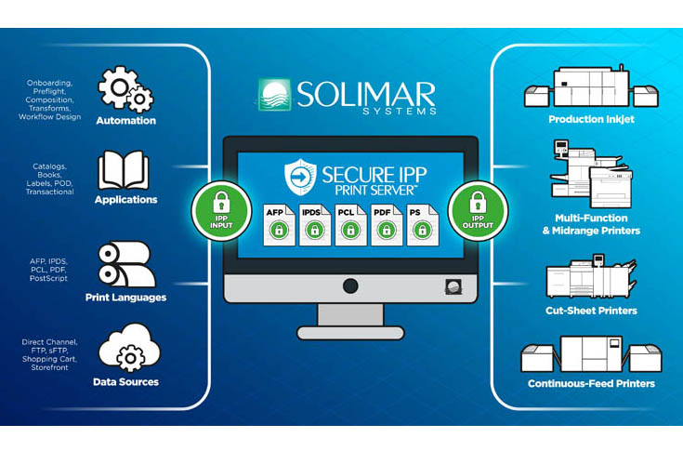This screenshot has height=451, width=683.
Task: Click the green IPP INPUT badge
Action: click(221, 211)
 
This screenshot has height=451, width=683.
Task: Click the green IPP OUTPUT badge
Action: click(478, 211)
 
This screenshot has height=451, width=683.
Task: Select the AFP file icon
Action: click(279, 225)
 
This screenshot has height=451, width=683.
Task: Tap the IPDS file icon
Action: click(315, 225)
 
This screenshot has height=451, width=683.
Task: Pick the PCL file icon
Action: click(350, 225)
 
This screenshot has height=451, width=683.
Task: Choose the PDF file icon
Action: click(387, 225)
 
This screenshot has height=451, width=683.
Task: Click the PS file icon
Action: click(422, 225)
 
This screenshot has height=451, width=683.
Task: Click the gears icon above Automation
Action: click(125, 89)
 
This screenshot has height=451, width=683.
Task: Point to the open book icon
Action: click(124, 170)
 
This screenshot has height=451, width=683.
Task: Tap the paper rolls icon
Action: click(126, 264)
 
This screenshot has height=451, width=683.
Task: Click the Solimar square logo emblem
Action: click(274, 95)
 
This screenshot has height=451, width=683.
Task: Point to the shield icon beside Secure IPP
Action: click(300, 177)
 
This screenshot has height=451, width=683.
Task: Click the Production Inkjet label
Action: click(591, 119)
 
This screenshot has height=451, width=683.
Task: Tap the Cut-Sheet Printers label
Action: click(591, 311)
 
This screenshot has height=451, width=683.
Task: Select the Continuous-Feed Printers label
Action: click(591, 383)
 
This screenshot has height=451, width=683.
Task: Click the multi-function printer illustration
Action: click(591, 174)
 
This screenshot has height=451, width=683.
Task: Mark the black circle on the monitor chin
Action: click(350, 286)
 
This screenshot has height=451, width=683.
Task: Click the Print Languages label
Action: click(125, 298)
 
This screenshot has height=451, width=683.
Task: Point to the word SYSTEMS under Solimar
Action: click(400, 112)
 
